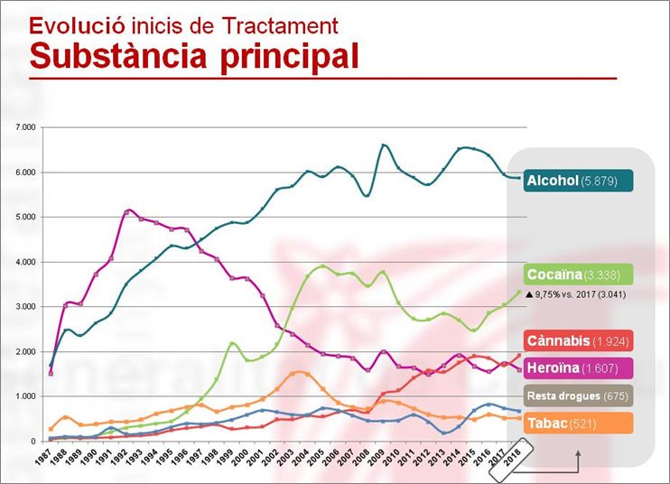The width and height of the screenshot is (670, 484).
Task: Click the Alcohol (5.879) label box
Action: point(578,181)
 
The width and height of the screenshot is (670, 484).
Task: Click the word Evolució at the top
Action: point(69,24)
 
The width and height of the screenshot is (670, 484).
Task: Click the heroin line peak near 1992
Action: point(129,210)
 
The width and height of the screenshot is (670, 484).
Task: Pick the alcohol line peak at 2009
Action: point(384,144)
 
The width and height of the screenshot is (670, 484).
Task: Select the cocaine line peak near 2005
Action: point(323,265)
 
